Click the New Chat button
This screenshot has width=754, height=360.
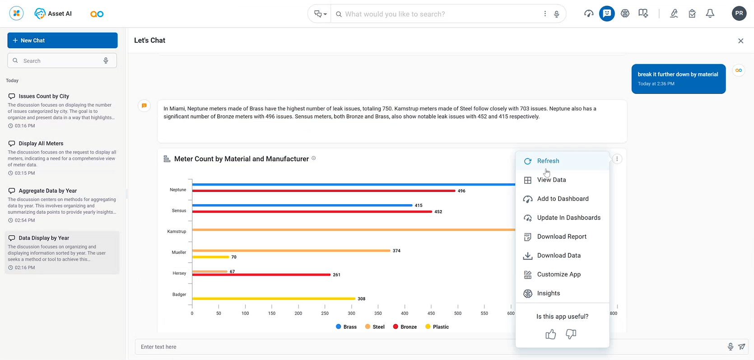point(62,40)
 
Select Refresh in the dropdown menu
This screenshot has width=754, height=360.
point(548,161)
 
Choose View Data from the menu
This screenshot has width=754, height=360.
point(551,180)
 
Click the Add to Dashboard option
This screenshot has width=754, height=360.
point(562,199)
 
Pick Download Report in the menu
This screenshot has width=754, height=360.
point(561,237)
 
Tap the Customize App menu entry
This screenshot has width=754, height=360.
point(559,274)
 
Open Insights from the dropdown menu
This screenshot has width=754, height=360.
point(548,293)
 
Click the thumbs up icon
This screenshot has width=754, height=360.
point(550,334)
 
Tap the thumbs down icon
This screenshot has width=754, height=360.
point(571,334)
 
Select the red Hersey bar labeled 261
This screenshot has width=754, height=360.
point(262,275)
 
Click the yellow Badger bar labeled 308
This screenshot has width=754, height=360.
point(274,299)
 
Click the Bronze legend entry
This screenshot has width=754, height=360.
point(405,327)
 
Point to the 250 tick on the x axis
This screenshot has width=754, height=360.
point(325,313)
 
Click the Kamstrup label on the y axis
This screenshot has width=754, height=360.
point(177,231)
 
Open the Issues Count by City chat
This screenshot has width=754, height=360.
point(44,96)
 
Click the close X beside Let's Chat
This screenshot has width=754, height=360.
point(740,41)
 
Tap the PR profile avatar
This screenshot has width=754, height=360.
point(739,14)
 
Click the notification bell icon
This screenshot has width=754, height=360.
point(710,14)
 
